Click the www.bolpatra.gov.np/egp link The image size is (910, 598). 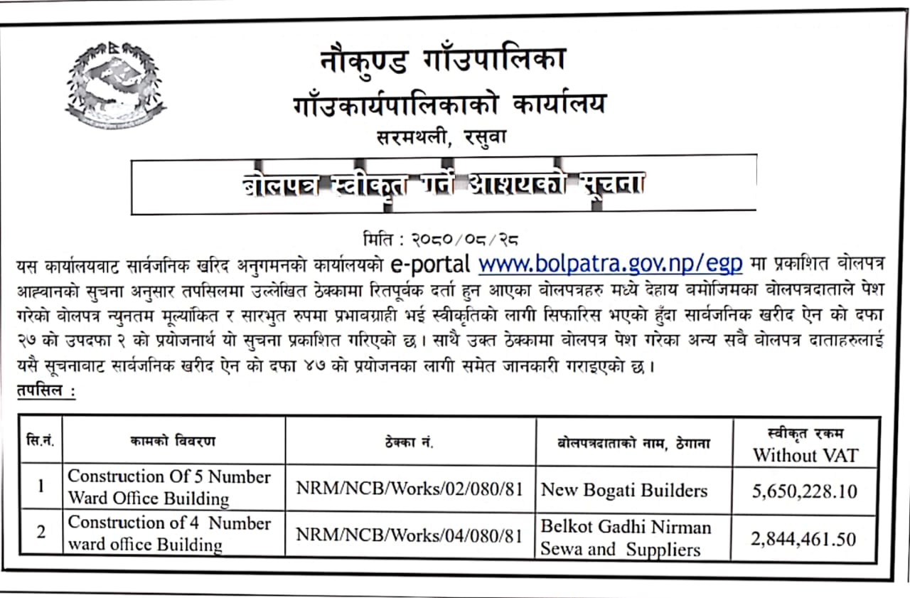click(x=610, y=264)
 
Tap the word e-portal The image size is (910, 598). click(x=430, y=264)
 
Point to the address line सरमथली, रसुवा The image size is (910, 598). click(x=442, y=137)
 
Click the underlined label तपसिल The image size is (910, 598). click(x=44, y=392)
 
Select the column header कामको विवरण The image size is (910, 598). click(x=173, y=442)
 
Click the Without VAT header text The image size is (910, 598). click(x=805, y=455)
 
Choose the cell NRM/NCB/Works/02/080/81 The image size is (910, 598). click(x=409, y=490)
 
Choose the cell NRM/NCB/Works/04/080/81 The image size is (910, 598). click(x=409, y=535)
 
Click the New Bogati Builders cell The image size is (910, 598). click(x=624, y=490)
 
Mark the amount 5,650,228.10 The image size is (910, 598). click(x=804, y=491)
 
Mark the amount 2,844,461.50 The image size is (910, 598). click(x=804, y=538)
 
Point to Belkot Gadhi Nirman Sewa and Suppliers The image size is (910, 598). click(x=626, y=538)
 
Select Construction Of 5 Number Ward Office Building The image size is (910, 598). click(x=168, y=487)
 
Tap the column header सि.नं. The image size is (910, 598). click(x=42, y=442)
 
